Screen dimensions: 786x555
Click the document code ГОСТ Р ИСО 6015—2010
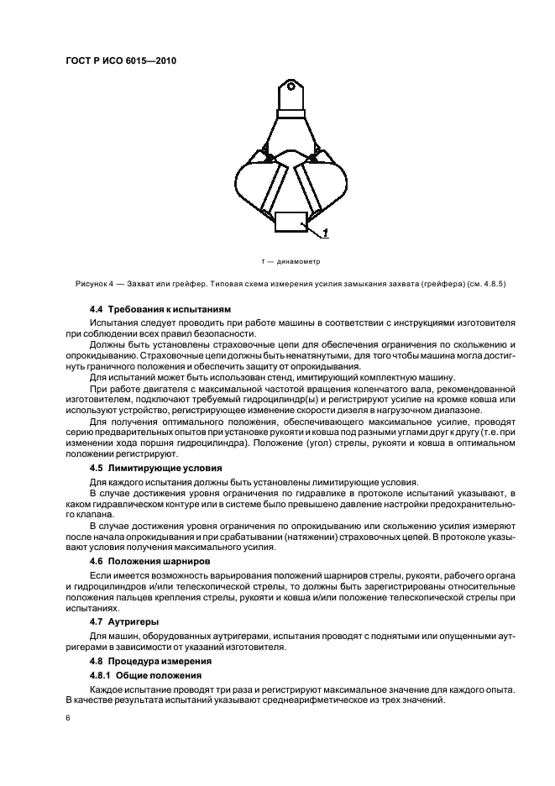[x=121, y=60]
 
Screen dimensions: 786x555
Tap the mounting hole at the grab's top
[x=290, y=85]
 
